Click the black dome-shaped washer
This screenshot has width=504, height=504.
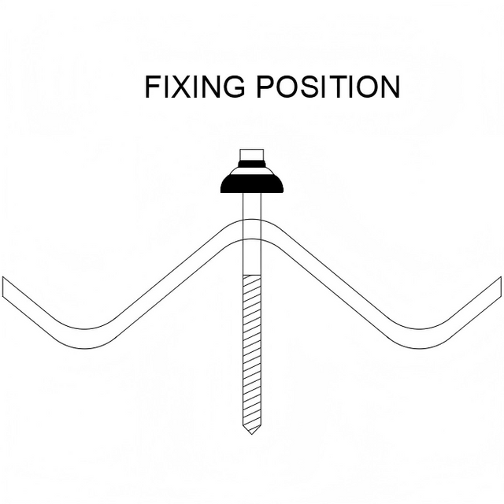[252, 182]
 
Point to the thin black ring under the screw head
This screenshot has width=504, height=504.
[252, 164]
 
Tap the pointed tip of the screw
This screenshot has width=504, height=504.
[252, 430]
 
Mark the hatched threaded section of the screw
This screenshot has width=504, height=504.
[252, 346]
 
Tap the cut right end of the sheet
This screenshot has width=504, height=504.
[499, 287]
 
